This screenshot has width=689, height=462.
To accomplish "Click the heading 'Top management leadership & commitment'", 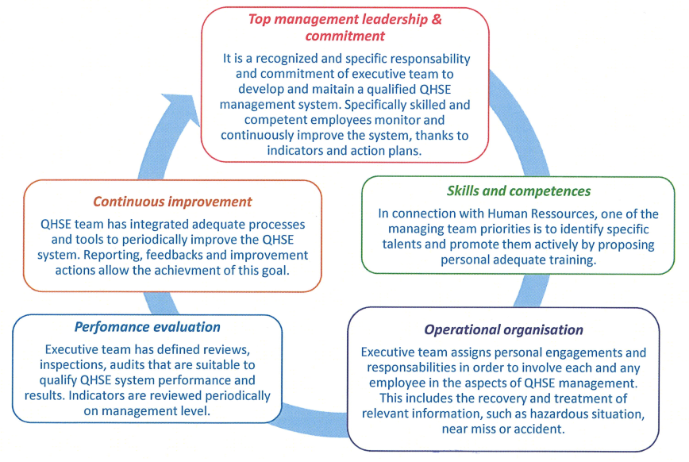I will click(x=346, y=27).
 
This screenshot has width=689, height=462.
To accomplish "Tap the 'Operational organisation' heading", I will click(x=503, y=329).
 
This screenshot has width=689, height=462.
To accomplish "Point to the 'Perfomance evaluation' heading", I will click(x=148, y=326).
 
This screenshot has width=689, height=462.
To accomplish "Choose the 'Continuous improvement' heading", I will click(x=172, y=202).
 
